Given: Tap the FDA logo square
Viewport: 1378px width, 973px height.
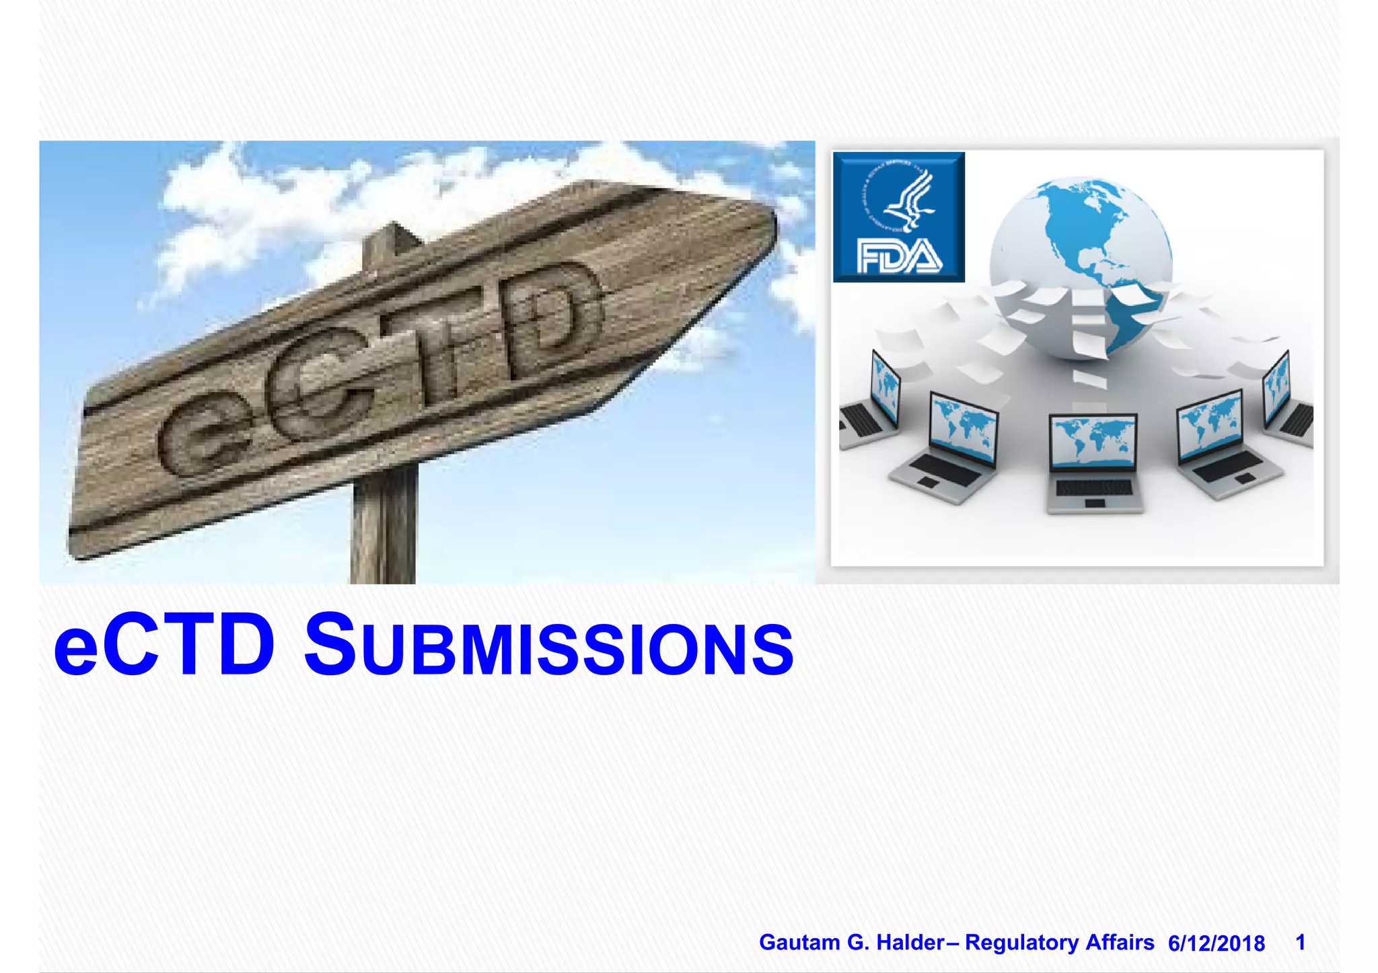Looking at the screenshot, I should point(898,217).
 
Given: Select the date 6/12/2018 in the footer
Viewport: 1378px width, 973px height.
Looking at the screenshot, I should point(1216,943).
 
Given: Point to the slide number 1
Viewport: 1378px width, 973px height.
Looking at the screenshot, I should point(1300,942).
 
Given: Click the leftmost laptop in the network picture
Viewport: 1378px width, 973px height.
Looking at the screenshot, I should point(869,403).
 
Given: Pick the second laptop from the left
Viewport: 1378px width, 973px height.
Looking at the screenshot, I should point(949,447).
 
